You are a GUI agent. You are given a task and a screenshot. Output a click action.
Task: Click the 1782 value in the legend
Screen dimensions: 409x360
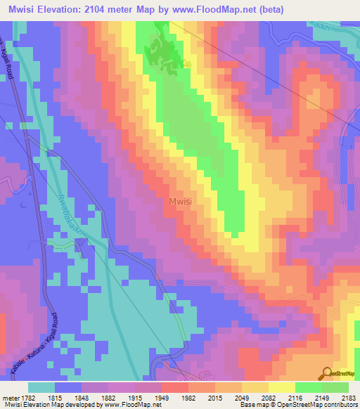click(25, 397)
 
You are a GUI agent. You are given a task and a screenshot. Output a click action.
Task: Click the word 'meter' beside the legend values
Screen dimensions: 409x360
click(9, 397)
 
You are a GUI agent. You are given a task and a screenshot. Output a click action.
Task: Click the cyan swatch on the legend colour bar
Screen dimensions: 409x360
click(41, 387)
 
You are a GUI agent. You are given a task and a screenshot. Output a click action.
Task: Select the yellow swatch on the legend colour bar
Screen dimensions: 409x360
click(281, 387)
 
